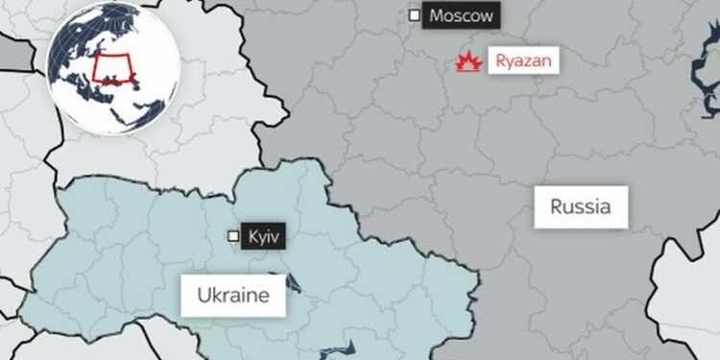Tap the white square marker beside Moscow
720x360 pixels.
(414, 15)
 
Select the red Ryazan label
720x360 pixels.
(524, 61)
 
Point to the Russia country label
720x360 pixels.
(582, 205)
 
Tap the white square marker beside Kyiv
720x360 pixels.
(232, 235)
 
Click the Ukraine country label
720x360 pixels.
(232, 295)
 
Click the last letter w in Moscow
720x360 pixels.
(490, 15)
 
